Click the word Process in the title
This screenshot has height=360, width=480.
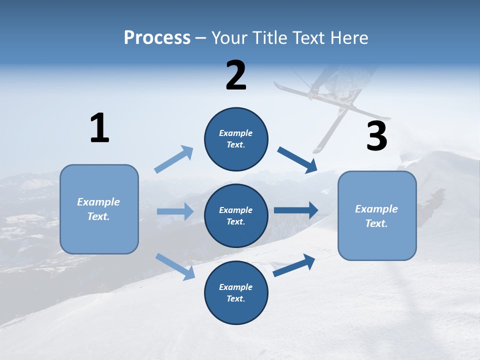[157, 37]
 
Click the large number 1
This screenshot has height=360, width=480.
[99, 128]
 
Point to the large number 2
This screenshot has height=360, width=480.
[236, 75]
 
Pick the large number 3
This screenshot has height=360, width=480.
[377, 136]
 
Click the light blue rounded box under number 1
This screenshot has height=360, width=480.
[99, 209]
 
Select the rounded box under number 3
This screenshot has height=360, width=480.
[377, 215]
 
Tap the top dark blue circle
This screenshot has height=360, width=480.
[236, 139]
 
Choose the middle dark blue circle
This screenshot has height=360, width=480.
[236, 215]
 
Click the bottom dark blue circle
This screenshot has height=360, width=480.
[236, 292]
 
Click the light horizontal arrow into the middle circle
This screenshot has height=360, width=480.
[175, 211]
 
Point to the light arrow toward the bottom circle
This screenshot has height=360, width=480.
[175, 266]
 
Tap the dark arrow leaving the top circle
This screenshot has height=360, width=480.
[298, 159]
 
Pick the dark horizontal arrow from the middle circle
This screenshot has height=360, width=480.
[296, 210]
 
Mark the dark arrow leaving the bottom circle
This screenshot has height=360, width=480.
[294, 265]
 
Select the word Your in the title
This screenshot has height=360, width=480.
[229, 37]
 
